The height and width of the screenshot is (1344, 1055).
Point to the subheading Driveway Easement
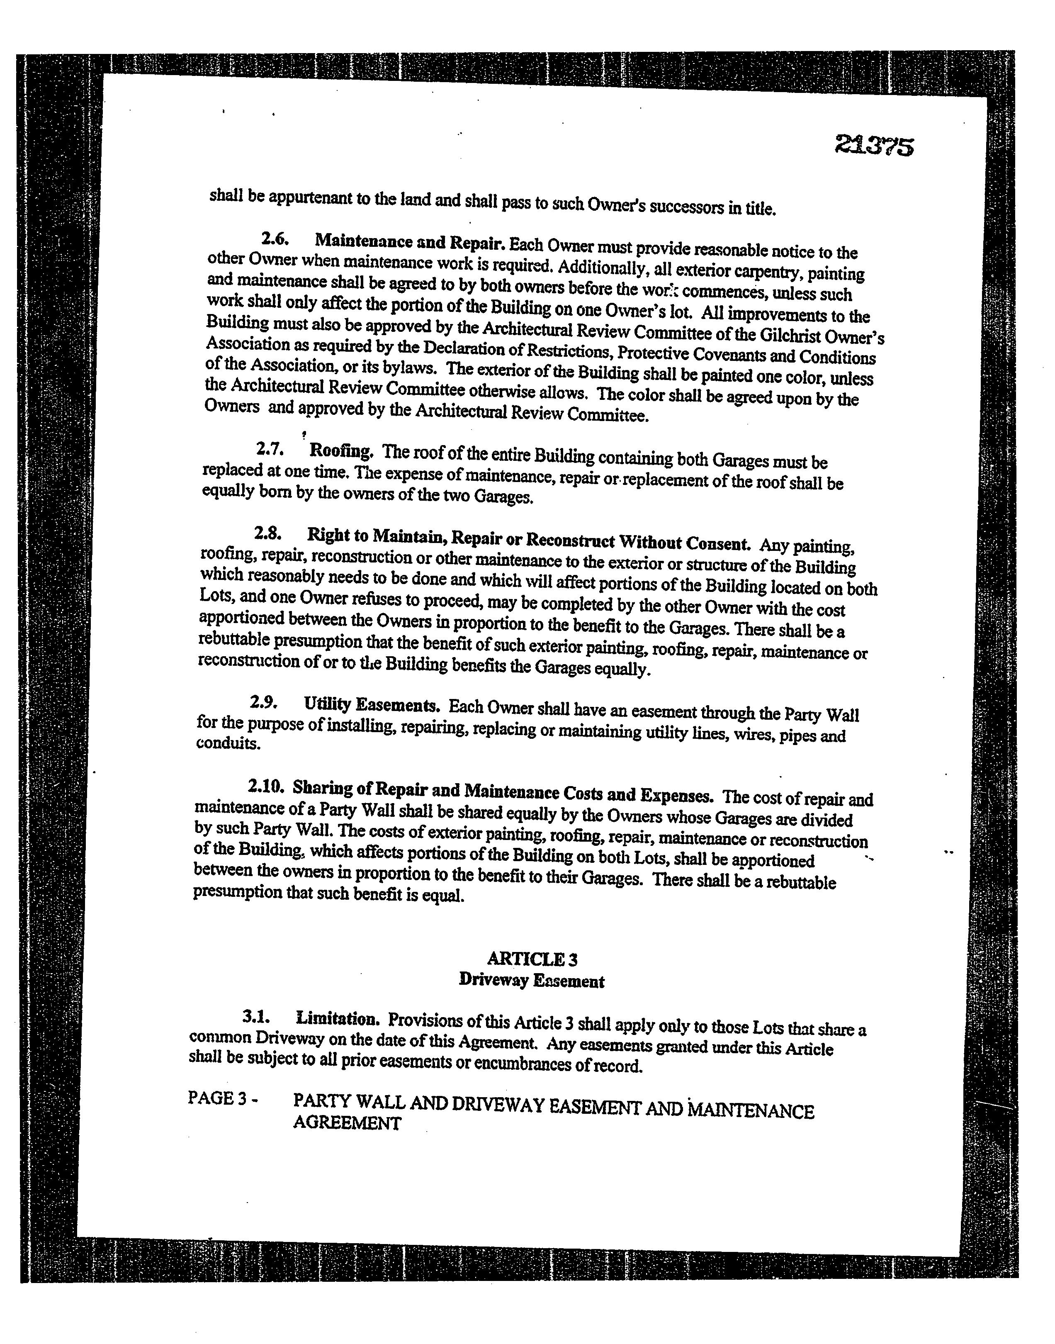click(x=531, y=981)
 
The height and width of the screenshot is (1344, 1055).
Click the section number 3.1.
click(x=256, y=1016)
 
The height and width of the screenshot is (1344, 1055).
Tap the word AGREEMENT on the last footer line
click(x=347, y=1123)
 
